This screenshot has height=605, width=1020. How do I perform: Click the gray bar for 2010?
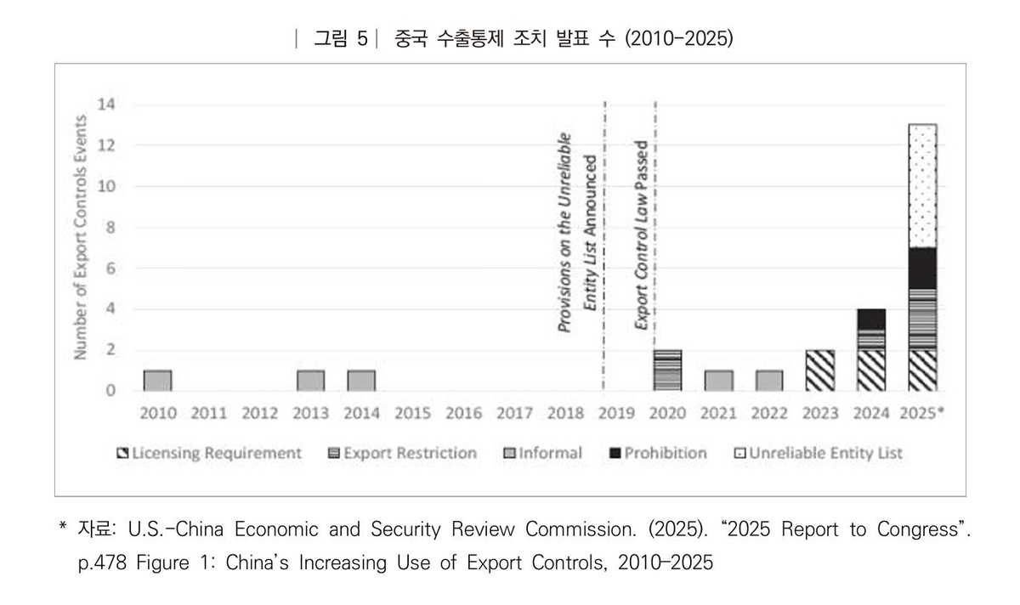point(157,381)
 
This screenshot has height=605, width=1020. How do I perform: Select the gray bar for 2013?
point(310,381)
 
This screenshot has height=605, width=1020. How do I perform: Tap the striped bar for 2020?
point(667,370)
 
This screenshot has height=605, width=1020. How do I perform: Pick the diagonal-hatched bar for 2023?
point(820,370)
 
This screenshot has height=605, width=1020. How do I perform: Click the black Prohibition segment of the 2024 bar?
point(871,319)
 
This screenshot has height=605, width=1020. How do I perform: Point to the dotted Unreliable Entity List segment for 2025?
point(922,185)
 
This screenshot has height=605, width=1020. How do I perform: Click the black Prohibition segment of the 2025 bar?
point(922,269)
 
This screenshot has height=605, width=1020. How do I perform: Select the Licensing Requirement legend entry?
point(209,453)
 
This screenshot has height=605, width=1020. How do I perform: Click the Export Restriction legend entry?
point(402,453)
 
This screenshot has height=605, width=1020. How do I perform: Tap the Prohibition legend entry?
point(658,453)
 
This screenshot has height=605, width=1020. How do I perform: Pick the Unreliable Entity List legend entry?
point(818,453)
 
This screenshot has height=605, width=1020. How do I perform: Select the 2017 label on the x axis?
point(514,414)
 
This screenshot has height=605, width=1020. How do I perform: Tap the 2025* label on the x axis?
point(924,414)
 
